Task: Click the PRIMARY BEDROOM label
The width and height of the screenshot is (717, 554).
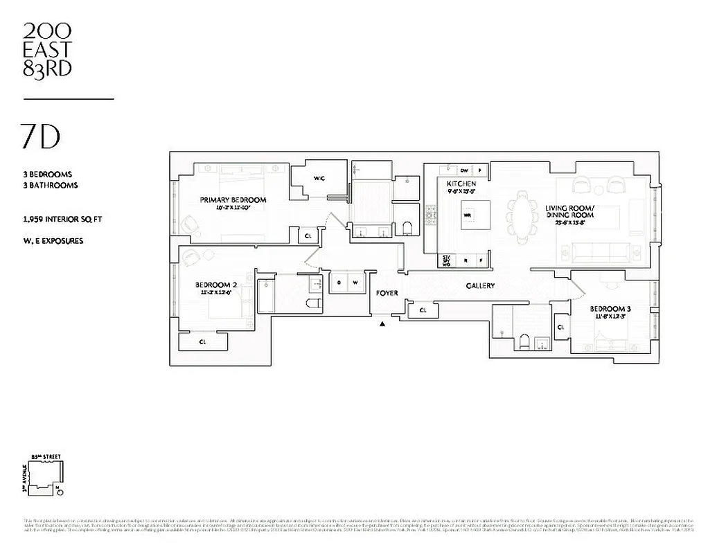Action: tap(233, 200)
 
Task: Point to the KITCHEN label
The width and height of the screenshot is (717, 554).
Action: tap(461, 184)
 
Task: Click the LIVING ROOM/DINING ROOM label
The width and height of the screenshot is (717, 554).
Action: tap(569, 211)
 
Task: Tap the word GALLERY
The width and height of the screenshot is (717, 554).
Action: tap(480, 286)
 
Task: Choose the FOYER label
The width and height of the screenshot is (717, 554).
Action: tap(387, 293)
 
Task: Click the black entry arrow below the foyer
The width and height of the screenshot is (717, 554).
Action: tap(381, 323)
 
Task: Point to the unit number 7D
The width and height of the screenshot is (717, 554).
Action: tap(41, 138)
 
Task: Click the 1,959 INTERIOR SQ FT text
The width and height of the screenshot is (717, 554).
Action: tap(62, 220)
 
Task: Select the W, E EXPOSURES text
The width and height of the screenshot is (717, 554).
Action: tap(53, 241)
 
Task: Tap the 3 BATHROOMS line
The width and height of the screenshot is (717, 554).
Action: tap(50, 186)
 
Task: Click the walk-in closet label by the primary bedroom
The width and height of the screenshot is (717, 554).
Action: tap(319, 179)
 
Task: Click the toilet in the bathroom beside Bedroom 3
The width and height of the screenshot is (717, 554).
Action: tap(524, 342)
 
